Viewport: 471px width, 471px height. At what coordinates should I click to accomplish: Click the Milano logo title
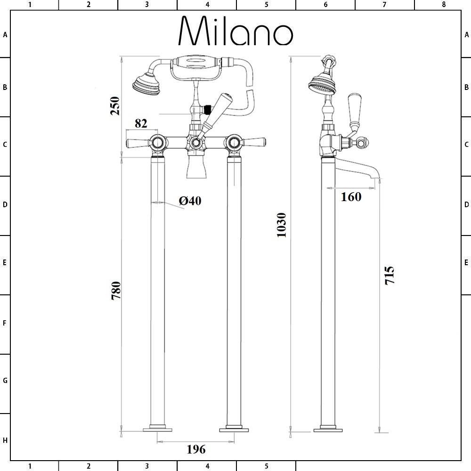click(235, 31)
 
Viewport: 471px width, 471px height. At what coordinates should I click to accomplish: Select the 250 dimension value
click(115, 106)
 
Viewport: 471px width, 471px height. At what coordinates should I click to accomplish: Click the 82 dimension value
click(141, 123)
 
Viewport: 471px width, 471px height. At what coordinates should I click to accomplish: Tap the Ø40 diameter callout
click(190, 201)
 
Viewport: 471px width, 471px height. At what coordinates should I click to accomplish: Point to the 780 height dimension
click(116, 291)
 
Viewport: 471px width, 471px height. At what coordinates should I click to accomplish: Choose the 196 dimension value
click(196, 449)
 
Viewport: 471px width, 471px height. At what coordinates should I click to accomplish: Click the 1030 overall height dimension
click(282, 225)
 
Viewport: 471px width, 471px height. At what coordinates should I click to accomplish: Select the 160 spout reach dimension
click(351, 197)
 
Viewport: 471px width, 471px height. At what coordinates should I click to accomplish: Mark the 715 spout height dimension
click(390, 275)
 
